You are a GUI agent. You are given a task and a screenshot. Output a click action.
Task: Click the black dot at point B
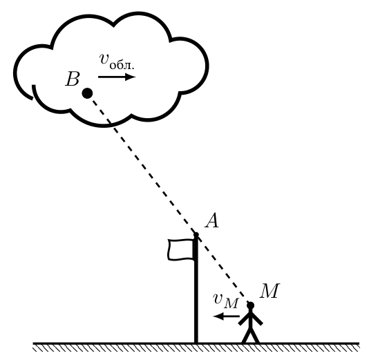pos(87,93)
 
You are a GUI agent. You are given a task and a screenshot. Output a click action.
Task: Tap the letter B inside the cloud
pos(73,79)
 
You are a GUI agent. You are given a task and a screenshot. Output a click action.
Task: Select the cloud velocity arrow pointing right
pos(117,77)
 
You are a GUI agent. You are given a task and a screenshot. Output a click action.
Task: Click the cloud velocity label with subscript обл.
pos(117,61)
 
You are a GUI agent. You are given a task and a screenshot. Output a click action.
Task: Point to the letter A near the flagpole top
pos(212,220)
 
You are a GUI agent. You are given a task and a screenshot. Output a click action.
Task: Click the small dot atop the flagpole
pos(196,235)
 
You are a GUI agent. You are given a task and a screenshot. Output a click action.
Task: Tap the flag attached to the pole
pos(181,249)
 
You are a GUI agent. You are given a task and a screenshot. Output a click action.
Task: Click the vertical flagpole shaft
pos(196,290)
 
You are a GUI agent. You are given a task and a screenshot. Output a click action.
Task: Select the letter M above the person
pos(269,291)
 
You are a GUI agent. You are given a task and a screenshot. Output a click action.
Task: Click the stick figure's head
pos(251,305)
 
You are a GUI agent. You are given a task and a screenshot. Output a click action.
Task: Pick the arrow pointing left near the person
pos(226,316)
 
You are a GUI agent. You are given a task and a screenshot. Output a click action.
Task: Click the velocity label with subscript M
pos(226,301)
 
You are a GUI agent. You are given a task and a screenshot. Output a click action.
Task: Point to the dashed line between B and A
pos(142,164)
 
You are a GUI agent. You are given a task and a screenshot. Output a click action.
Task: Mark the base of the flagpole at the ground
pos(196,342)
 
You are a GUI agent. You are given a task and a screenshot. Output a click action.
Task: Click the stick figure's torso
pos(251,319)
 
